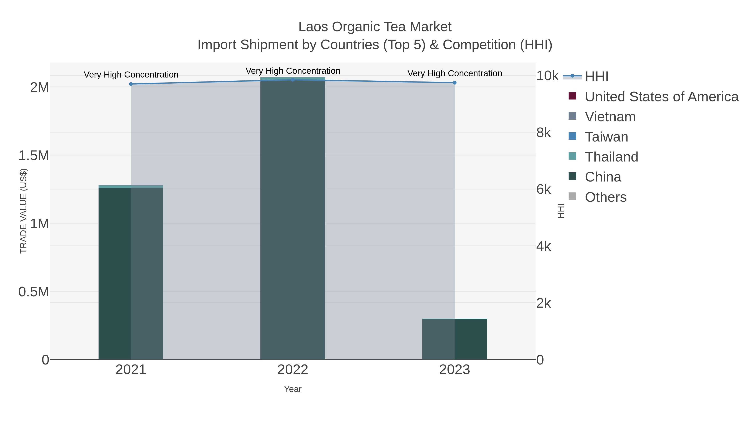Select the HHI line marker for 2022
(293, 80)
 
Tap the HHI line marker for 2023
(455, 83)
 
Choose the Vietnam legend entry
(610, 117)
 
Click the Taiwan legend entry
(606, 137)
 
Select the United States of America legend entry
(661, 97)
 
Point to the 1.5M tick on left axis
(34, 155)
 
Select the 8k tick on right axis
(543, 133)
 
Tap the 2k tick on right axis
(543, 303)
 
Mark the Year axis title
(293, 389)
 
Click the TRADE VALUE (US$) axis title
(23, 211)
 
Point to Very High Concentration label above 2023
(455, 73)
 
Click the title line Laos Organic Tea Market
(375, 27)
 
